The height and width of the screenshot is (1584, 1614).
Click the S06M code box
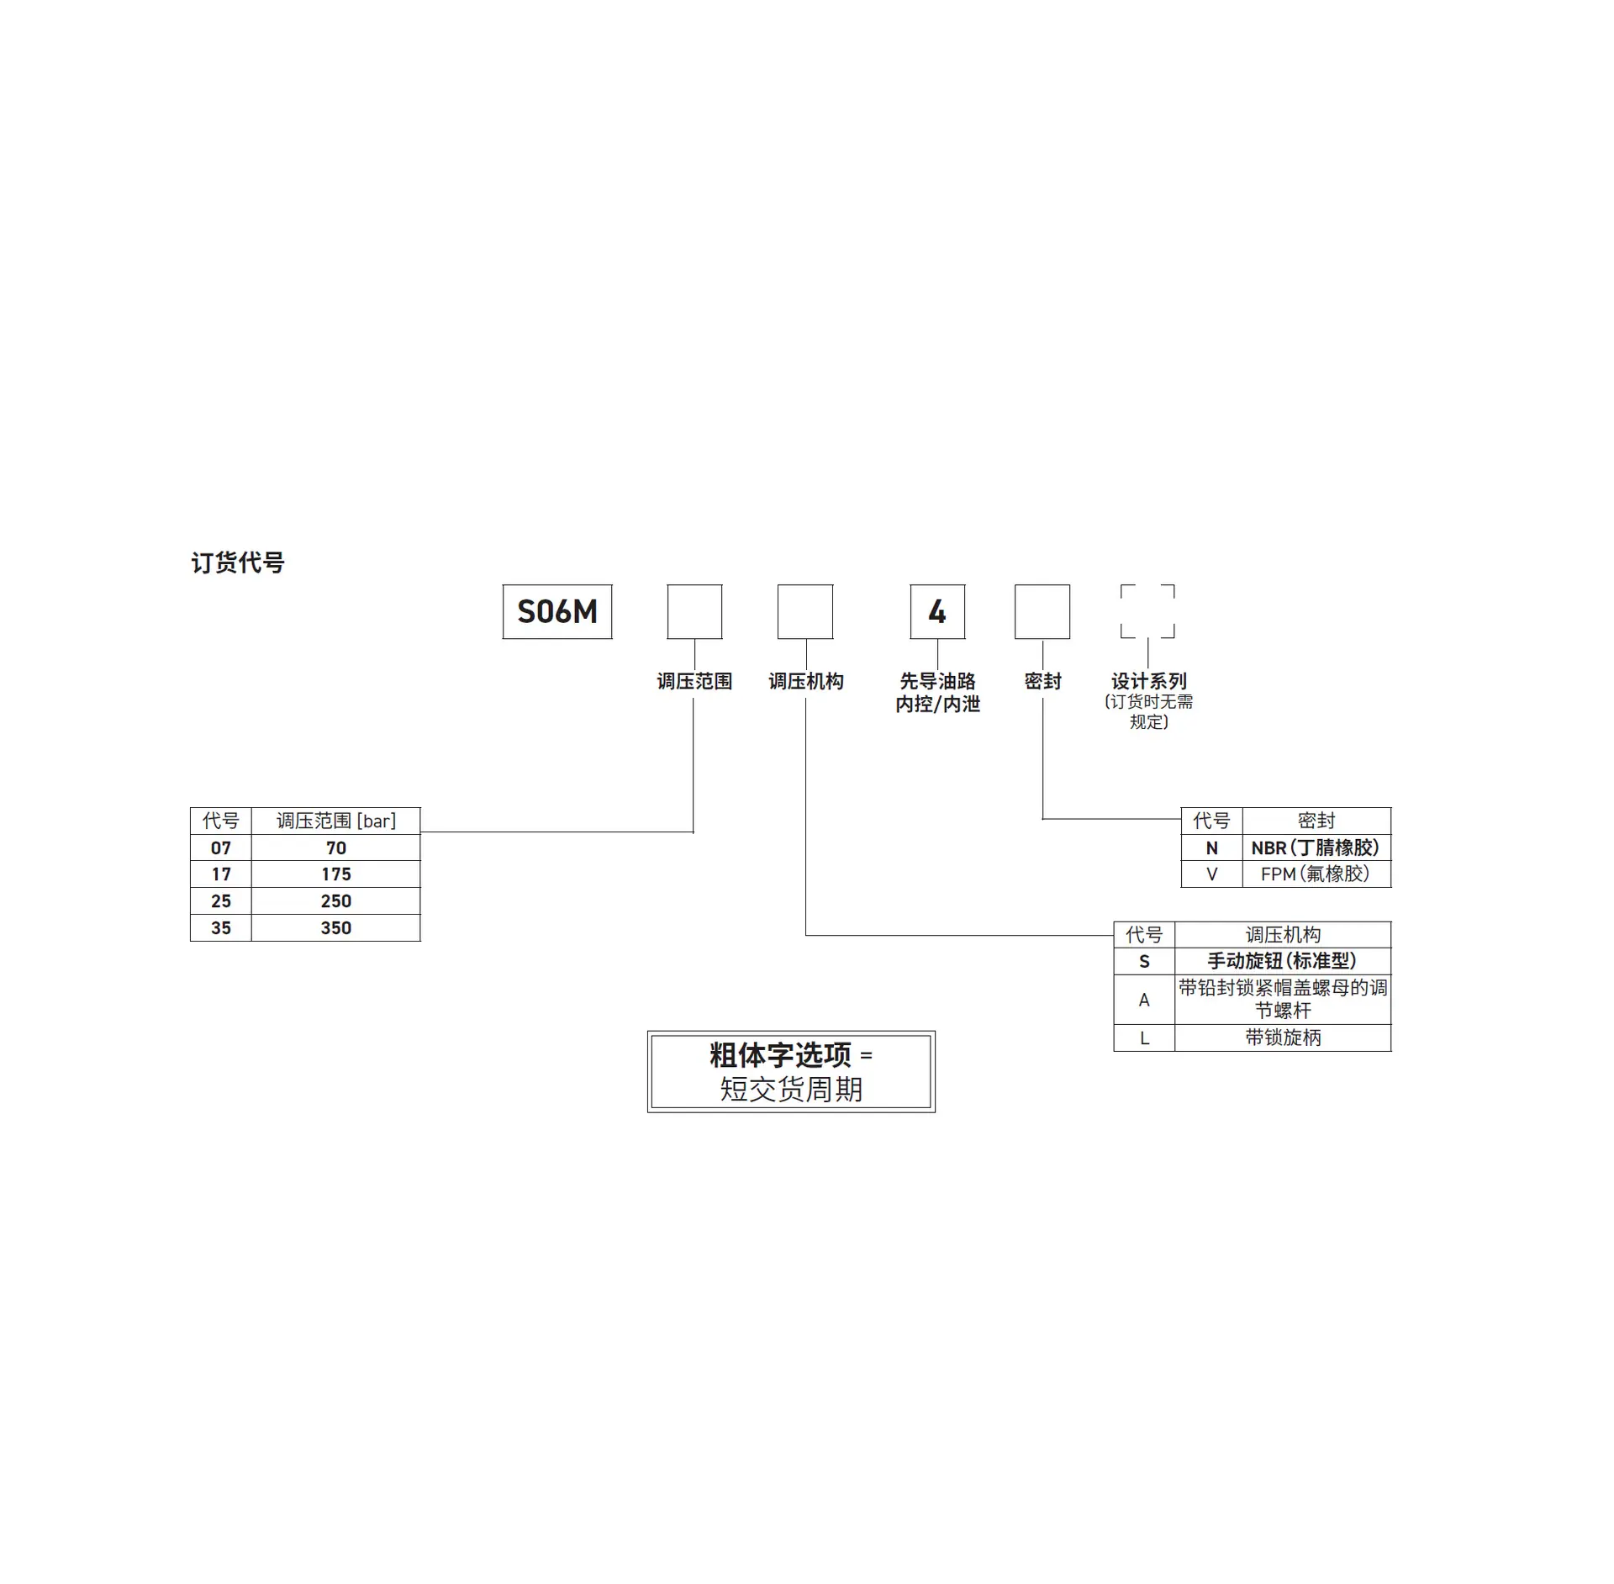coord(557,611)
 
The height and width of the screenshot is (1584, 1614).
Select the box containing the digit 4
coord(937,611)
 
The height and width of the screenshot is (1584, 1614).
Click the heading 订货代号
coord(238,562)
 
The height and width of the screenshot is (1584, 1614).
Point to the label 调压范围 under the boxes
coord(694,681)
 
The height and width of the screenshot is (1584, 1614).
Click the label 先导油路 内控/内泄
coord(937,692)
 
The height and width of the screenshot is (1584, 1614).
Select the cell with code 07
coord(221,847)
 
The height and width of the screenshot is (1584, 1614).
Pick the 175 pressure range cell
coord(336,874)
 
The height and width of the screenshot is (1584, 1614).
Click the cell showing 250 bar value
coord(336,901)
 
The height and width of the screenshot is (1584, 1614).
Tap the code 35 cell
coord(221,928)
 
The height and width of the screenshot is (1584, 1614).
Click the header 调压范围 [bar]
coord(336,821)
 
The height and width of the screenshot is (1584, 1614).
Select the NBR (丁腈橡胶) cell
coord(1316,847)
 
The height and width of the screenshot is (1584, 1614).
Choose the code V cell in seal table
coord(1212,874)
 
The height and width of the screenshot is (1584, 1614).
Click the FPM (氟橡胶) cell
coord(1316,874)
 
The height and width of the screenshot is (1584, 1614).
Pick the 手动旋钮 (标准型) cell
coord(1283,961)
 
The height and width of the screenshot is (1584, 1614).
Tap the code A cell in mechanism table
coord(1144,1000)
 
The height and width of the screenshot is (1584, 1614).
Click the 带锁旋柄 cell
coord(1283,1038)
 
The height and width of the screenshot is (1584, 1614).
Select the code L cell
coord(1144,1038)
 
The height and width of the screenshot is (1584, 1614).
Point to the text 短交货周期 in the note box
coord(791,1090)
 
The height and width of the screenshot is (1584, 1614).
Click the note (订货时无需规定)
coord(1148,711)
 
